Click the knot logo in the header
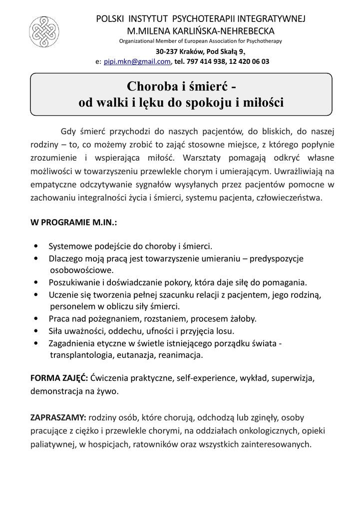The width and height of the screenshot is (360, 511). (44, 31)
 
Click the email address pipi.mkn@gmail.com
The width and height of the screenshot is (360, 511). (137, 62)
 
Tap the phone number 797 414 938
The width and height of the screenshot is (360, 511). (206, 62)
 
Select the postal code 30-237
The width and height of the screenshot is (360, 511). (166, 51)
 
